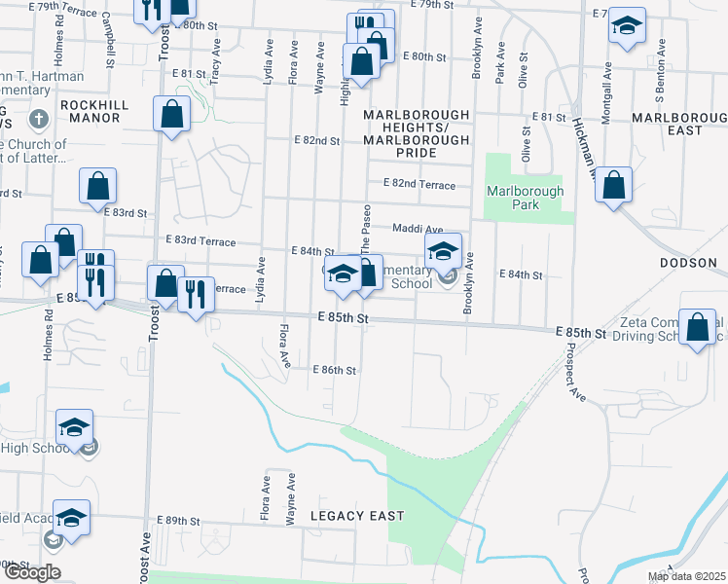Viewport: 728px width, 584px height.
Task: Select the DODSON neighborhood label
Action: click(688, 263)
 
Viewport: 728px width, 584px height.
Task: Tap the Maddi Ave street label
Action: click(418, 229)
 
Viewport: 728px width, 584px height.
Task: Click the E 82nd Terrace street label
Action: click(419, 183)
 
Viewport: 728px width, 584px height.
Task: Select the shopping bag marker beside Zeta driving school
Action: click(699, 327)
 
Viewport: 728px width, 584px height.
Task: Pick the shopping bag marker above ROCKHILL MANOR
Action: click(171, 113)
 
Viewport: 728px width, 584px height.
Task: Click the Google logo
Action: click(31, 572)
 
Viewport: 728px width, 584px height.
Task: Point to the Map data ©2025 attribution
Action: click(684, 576)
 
